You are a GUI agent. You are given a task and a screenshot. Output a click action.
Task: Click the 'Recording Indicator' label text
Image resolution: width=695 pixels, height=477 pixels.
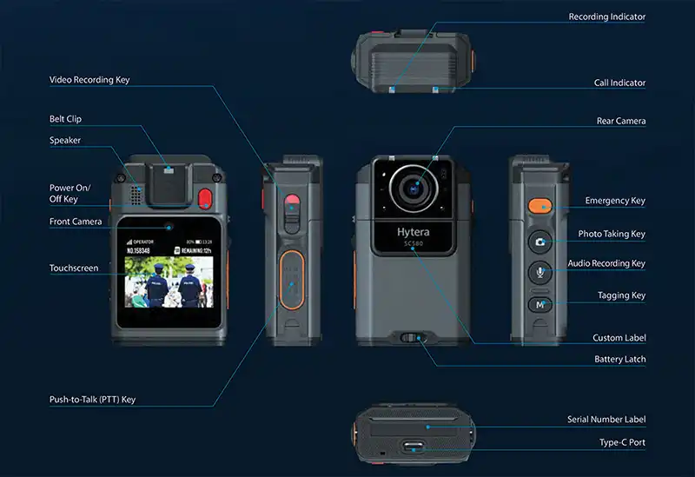pos(606,17)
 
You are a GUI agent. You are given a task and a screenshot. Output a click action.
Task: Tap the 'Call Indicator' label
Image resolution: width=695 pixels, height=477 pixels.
pos(619,83)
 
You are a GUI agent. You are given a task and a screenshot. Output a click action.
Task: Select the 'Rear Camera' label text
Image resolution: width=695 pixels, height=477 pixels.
pos(620,121)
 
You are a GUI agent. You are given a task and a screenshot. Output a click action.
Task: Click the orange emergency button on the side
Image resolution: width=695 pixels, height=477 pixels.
pos(539,206)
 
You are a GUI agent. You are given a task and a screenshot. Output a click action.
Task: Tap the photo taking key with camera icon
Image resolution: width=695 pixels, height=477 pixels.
pos(539,242)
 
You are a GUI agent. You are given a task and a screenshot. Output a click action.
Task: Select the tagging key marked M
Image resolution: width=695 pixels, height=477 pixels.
pos(539,304)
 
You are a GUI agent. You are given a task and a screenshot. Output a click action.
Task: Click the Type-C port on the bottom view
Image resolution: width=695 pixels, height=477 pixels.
pos(413,447)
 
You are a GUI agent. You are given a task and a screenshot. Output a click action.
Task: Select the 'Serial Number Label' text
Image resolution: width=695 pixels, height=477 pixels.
pos(606,420)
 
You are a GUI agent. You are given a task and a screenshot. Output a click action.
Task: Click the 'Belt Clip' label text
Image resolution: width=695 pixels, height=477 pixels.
pos(65,118)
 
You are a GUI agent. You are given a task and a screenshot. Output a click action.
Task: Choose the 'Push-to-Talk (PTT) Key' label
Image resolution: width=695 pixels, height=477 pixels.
pos(92,400)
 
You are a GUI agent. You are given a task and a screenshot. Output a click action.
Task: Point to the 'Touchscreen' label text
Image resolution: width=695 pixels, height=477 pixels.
pos(74,268)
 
